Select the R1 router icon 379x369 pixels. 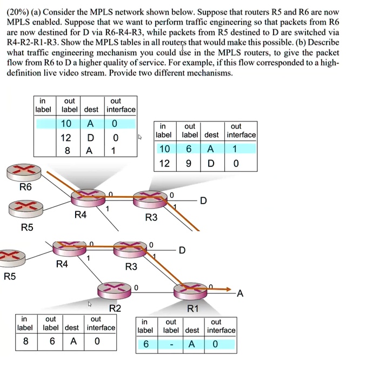pos(190,290)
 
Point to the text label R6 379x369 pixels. pos(25,187)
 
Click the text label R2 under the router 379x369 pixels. pos(115,308)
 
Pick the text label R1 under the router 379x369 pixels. pos(192,308)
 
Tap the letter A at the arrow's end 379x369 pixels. pos(240,294)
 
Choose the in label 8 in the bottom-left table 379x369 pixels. pos(25,341)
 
